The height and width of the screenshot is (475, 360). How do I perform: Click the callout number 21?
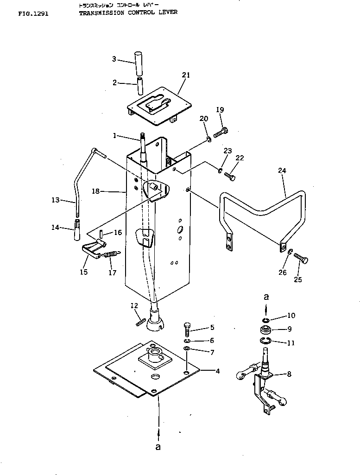click(x=186, y=75)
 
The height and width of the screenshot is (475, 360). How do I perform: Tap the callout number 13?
click(x=55, y=200)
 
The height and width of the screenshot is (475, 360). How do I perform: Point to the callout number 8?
click(x=289, y=374)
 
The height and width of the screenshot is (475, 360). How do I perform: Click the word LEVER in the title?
click(x=169, y=13)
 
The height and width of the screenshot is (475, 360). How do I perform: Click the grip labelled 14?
click(x=76, y=229)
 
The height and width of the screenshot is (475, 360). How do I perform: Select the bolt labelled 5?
click(x=187, y=330)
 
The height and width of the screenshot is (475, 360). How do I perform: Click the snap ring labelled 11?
click(x=265, y=342)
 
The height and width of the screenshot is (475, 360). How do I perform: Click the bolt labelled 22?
click(x=229, y=177)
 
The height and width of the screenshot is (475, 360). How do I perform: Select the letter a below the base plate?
click(x=158, y=448)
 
